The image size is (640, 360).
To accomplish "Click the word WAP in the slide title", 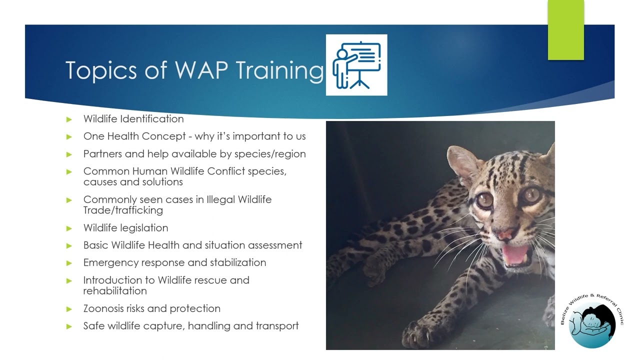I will (x=201, y=70).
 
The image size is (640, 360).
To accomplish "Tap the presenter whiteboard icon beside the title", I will (x=356, y=65).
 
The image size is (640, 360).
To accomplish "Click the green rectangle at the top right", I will (x=565, y=30).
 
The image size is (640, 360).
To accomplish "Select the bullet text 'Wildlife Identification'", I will (x=133, y=119).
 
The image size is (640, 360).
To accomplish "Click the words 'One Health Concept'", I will (x=135, y=136).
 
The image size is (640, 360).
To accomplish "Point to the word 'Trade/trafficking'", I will (x=123, y=210).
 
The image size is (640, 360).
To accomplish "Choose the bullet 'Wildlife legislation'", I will (x=125, y=228).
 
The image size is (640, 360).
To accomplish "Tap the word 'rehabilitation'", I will (x=115, y=291).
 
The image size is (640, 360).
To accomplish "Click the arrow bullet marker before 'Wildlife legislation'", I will (x=69, y=228).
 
